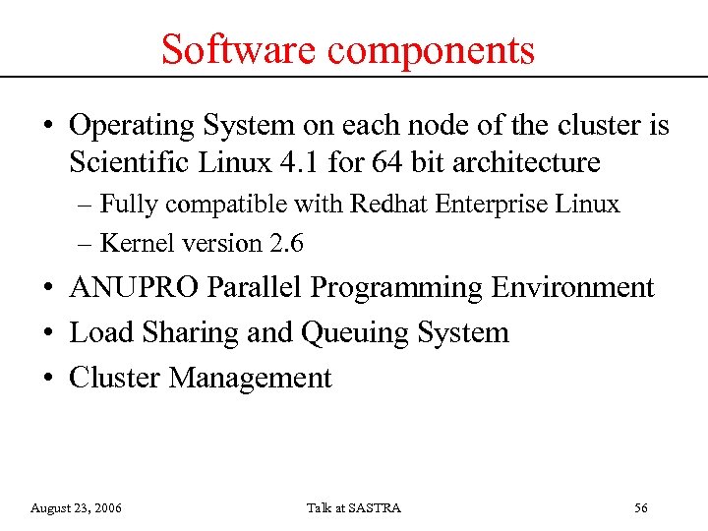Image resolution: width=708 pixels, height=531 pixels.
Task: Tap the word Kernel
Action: [x=134, y=243]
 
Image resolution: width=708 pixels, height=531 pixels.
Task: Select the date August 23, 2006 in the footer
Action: [x=77, y=507]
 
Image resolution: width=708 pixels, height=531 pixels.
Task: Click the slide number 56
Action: [x=641, y=507]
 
